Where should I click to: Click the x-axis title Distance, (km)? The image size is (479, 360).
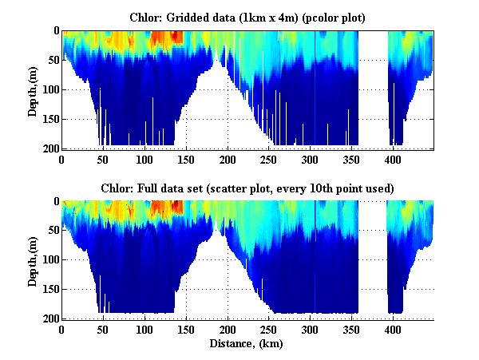[x=247, y=345]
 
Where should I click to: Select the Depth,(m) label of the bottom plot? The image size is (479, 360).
[x=33, y=260]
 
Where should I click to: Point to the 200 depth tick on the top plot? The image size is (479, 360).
[x=49, y=148]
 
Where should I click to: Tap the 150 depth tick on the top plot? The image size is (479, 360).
[x=49, y=119]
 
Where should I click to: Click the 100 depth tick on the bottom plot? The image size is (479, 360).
[x=49, y=260]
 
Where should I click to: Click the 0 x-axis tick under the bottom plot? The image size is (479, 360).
[x=62, y=330]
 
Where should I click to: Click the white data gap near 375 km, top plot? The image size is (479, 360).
[x=373, y=88]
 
